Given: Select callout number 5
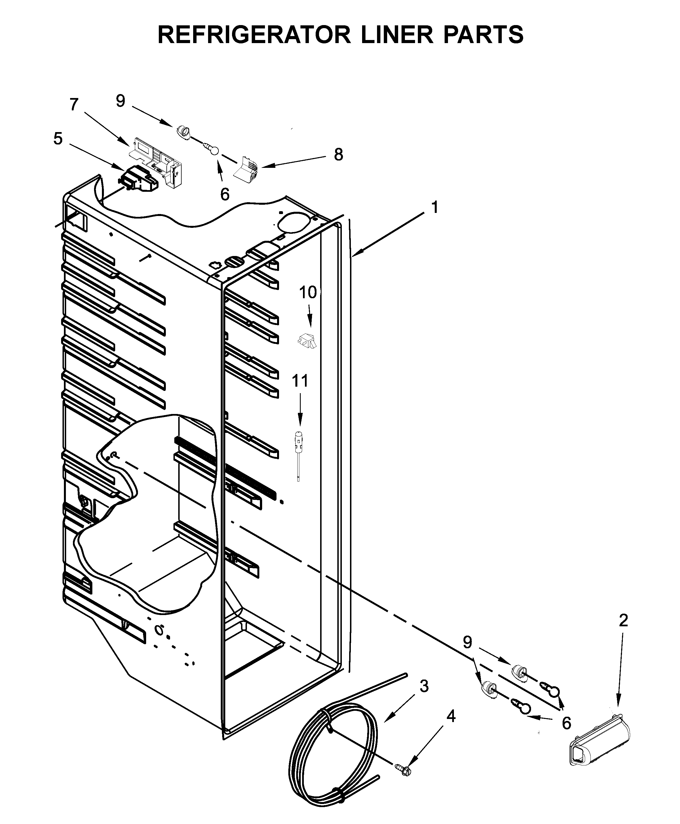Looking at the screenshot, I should point(58,139).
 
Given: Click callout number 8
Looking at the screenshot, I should point(338,155).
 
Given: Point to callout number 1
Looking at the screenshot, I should point(434,207).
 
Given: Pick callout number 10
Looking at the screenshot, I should point(308,292).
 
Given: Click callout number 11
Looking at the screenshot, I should point(300,381).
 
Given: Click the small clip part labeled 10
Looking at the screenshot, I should point(307,340).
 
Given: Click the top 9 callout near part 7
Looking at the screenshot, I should point(120,101).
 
